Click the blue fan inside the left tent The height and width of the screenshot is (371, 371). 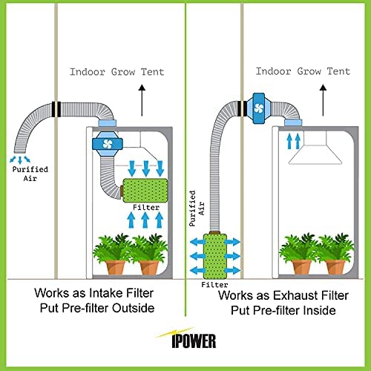pos(108,144)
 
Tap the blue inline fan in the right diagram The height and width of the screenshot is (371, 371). pos(259,108)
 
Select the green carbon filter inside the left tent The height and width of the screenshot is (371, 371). pos(145,191)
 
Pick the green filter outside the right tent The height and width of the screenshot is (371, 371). pos(215,256)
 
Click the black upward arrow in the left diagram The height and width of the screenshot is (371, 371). pos(142,100)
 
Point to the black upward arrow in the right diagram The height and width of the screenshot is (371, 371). pos(323,100)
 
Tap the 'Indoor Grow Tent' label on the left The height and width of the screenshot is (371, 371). pos(117,72)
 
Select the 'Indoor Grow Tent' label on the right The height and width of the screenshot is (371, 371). pos(303,71)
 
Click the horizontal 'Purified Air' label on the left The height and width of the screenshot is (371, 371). pos(30,174)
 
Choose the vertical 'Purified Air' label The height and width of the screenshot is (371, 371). pos(197,209)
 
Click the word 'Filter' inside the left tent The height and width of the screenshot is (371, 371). pos(146,207)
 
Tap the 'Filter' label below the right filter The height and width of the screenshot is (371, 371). pos(214,285)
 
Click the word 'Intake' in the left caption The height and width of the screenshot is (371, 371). pos(106,293)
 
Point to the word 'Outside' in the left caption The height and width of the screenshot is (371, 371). pos(133,308)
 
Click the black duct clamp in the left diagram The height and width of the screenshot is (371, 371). pos(56,109)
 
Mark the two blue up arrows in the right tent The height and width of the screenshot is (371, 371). pos(293,141)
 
